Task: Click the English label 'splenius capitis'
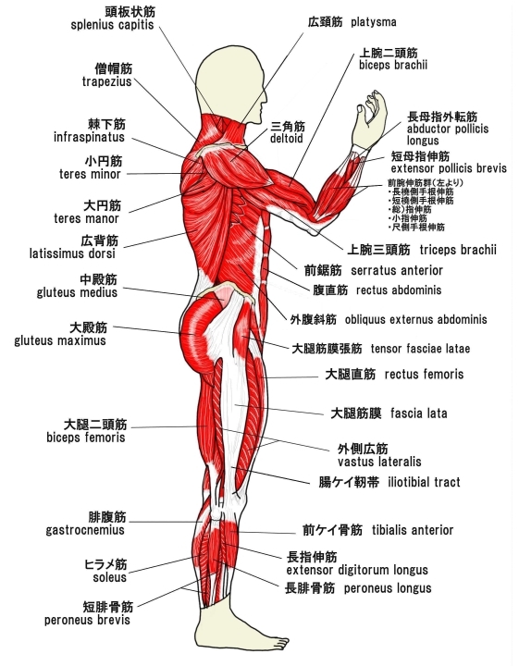pyautogui.click(x=112, y=25)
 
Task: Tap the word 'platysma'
pyautogui.click(x=374, y=22)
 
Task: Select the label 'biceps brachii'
pyautogui.click(x=393, y=65)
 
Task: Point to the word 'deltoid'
pyautogui.click(x=287, y=139)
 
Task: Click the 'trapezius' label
pyautogui.click(x=107, y=81)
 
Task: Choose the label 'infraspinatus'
pyautogui.click(x=89, y=137)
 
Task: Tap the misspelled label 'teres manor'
pyautogui.click(x=86, y=218)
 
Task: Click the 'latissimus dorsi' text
pyautogui.click(x=72, y=253)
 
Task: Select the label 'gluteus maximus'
pyautogui.click(x=60, y=340)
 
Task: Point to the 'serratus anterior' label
pyautogui.click(x=397, y=270)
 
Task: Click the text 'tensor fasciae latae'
pyautogui.click(x=420, y=349)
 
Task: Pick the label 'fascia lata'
pyautogui.click(x=419, y=413)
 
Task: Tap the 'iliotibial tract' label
pyautogui.click(x=424, y=482)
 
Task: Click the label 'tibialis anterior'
pyautogui.click(x=413, y=530)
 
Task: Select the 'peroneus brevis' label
pyautogui.click(x=87, y=620)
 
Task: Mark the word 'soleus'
pyautogui.click(x=110, y=577)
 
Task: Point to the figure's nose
pyautogui.click(x=266, y=100)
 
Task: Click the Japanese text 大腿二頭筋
pyautogui.click(x=95, y=425)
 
